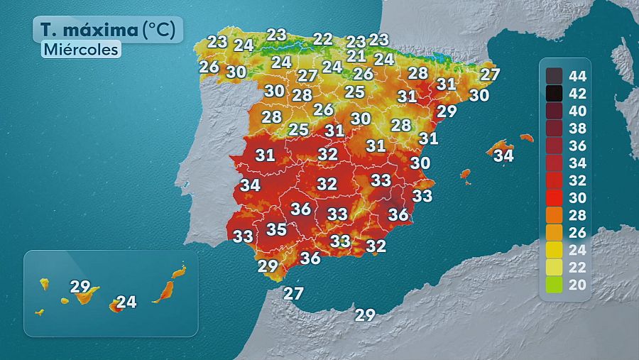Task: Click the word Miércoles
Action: point(80,49)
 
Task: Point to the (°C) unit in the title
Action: point(163,31)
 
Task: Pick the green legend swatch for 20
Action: point(555,285)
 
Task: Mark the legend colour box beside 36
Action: point(555,145)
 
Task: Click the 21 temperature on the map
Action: point(356,56)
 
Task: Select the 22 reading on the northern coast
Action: point(323,39)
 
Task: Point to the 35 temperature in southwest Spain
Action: point(276,229)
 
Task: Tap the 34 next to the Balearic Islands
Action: point(503,155)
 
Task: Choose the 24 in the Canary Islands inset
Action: point(126,302)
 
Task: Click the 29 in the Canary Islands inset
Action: point(80,287)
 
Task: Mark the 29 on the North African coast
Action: point(365,315)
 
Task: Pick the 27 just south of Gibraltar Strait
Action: point(293,293)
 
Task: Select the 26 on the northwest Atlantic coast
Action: point(209,67)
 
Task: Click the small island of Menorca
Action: point(526,137)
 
